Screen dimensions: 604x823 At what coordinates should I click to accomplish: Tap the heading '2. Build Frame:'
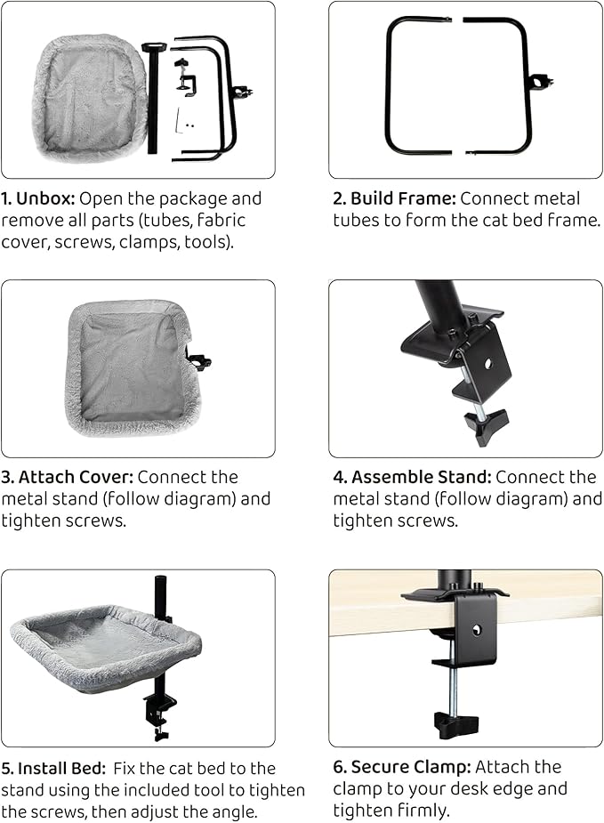point(395,199)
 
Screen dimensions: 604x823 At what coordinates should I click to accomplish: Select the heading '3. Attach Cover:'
point(68,477)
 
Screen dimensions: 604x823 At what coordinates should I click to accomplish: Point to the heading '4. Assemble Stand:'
point(412,477)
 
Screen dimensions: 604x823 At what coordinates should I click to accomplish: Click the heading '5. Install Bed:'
point(53,769)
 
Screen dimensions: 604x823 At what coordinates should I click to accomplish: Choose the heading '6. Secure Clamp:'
point(402,767)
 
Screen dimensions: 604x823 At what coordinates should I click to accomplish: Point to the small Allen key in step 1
point(180,121)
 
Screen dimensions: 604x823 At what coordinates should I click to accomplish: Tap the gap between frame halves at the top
point(457,20)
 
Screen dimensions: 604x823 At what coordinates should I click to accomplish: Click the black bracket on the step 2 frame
point(542,83)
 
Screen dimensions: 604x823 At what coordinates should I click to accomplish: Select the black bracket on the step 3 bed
point(199,361)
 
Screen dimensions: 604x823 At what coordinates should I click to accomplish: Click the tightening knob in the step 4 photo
point(486,425)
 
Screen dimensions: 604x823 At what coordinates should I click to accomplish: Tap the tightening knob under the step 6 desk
point(456,724)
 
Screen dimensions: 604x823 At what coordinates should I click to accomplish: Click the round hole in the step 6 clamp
point(477,629)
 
